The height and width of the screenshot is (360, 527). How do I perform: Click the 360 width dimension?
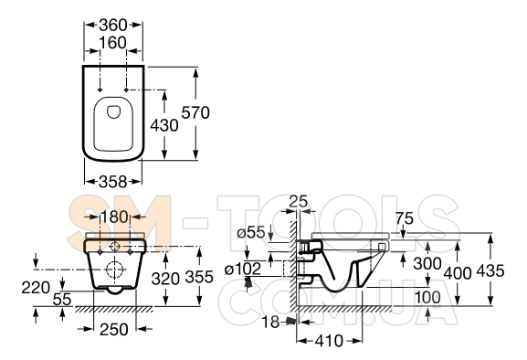113,25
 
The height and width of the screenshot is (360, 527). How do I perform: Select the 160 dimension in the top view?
113,43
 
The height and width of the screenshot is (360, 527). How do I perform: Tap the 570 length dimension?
195,112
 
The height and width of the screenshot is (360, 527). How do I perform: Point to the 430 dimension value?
164,125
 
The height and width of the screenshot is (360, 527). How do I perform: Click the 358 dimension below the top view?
113,182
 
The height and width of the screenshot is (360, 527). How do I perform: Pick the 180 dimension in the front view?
114,217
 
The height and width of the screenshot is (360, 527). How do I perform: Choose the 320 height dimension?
165,279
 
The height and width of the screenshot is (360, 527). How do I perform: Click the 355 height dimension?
199,277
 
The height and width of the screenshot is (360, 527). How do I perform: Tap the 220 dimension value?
36,288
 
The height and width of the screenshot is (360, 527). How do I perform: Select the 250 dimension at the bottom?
114,330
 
